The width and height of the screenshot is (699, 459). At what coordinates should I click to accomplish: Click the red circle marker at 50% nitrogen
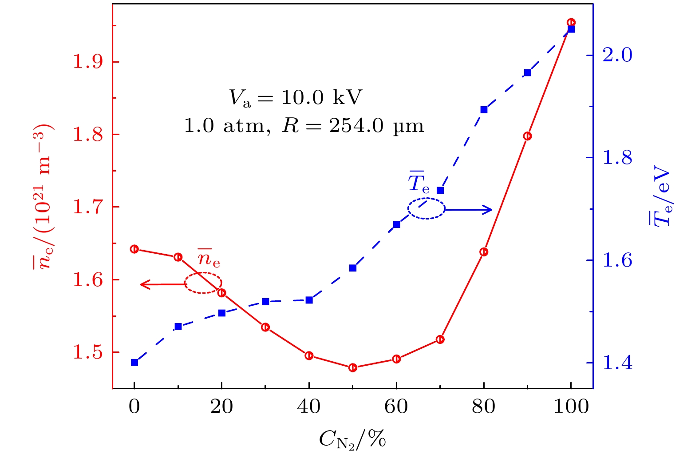pyautogui.click(x=353, y=367)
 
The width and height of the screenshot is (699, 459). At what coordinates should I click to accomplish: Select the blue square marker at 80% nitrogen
pyautogui.click(x=484, y=110)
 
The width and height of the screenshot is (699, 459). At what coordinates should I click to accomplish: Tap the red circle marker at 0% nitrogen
pyautogui.click(x=134, y=249)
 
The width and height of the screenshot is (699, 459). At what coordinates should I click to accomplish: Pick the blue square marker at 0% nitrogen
pyautogui.click(x=134, y=362)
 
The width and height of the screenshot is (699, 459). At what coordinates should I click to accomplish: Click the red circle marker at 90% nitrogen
pyautogui.click(x=527, y=136)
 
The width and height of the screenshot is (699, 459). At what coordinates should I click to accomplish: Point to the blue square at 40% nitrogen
pyautogui.click(x=309, y=300)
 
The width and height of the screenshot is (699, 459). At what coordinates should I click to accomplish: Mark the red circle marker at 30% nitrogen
pyautogui.click(x=265, y=327)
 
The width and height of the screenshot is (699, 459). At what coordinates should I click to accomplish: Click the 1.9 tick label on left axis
pyautogui.click(x=87, y=62)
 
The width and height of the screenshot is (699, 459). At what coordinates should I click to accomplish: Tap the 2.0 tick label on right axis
pyautogui.click(x=617, y=55)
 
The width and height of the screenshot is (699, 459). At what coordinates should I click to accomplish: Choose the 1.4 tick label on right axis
pyautogui.click(x=617, y=363)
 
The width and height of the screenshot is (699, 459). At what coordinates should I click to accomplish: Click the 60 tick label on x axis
pyautogui.click(x=396, y=406)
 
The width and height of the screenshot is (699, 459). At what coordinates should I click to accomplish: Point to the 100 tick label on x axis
pyautogui.click(x=571, y=406)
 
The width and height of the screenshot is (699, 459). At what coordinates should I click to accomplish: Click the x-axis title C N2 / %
pyautogui.click(x=352, y=439)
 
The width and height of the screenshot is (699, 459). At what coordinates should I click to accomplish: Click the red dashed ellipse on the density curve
pyautogui.click(x=203, y=283)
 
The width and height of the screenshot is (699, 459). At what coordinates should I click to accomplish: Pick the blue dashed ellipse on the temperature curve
pyautogui.click(x=426, y=208)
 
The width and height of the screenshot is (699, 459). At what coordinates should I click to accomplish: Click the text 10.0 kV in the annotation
pyautogui.click(x=322, y=97)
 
